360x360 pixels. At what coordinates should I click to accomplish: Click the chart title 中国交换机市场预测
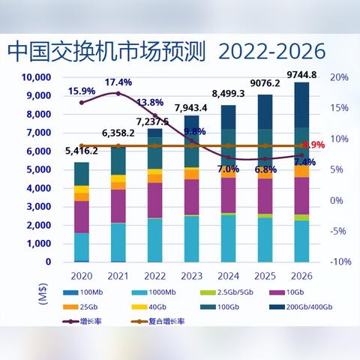[104, 51]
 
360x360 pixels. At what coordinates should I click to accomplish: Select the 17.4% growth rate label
[118, 82]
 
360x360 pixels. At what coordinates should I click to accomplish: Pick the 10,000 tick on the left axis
[34, 77]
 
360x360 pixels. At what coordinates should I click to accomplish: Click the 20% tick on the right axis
[339, 77]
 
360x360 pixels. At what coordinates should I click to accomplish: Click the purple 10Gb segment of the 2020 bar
[81, 216]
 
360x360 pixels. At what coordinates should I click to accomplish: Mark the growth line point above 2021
[118, 94]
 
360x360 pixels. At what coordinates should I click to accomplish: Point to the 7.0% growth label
[228, 169]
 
